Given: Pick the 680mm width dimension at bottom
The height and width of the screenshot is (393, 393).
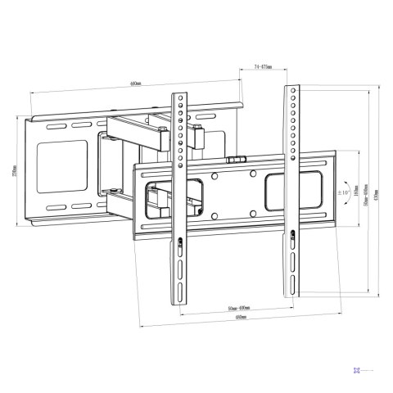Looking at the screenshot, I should (x=241, y=317).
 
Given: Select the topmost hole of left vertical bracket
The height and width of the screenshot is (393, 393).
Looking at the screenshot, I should (x=177, y=101).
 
